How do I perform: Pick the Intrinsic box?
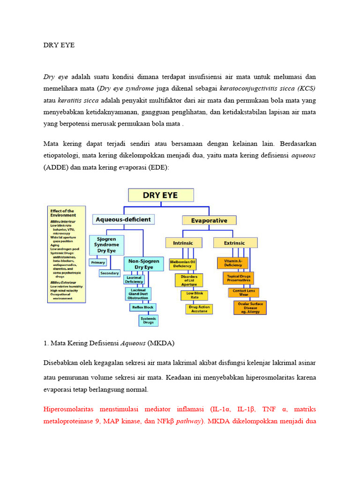coord(183,243)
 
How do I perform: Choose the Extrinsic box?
coord(235,243)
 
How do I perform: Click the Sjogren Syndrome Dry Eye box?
coord(106,245)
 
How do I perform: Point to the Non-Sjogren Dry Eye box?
coord(143,264)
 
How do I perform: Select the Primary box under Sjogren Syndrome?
coord(98,262)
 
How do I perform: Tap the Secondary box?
coord(110,273)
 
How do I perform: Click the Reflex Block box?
coord(142,307)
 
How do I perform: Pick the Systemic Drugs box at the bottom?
coord(149,321)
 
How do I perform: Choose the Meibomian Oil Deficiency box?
coord(182,264)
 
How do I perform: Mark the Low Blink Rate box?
coord(194,295)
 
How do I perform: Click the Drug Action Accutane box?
coord(199,309)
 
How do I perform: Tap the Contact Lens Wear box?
coord(243,292)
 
